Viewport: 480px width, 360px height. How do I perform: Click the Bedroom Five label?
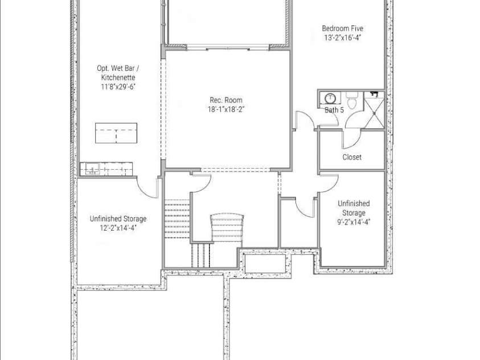point(342,28)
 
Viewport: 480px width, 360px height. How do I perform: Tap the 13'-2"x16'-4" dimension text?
point(342,38)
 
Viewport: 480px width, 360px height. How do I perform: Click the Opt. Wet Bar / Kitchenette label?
point(118,72)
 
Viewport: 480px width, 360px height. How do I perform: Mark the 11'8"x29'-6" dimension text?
point(118,87)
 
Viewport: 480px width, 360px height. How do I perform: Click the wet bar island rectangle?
point(116,133)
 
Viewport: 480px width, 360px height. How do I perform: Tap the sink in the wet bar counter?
point(91,169)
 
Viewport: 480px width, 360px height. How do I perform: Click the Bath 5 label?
point(334,110)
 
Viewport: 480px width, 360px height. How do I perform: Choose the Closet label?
point(351,157)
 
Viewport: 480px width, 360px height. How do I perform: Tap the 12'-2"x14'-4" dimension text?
point(117,228)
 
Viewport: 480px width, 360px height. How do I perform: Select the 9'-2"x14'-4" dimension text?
point(353,222)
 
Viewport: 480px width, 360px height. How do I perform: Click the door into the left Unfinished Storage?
point(147,187)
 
